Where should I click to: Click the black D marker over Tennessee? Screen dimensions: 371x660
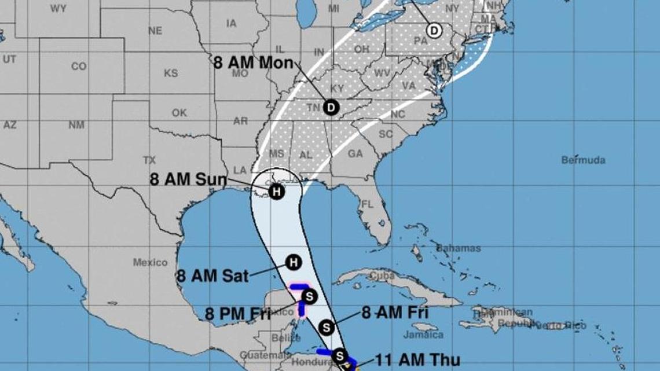pos(331,107)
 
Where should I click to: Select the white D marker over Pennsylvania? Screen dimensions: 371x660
pos(434,30)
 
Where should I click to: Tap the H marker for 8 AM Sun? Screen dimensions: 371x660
pos(277,192)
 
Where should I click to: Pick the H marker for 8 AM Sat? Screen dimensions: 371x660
pos(294,262)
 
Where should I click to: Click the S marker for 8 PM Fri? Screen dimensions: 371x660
pos(309,297)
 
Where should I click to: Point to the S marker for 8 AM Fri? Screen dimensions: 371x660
pos(327,328)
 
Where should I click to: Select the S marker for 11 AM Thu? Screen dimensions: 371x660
pos(340,356)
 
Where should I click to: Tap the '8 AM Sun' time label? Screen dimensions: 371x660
pos(189,179)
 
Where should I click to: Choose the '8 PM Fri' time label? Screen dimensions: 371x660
pos(238,314)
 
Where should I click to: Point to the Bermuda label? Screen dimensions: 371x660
pos(583,160)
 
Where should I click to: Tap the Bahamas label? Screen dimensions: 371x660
pos(458,248)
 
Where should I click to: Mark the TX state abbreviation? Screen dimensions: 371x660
pos(149,160)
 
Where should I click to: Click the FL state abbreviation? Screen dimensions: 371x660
pos(367,204)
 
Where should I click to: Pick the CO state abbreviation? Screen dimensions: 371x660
pos(79,67)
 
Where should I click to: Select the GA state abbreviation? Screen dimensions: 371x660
pos(355,154)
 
